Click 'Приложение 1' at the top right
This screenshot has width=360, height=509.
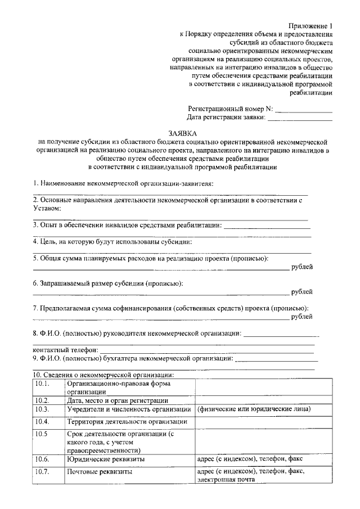(x=311, y=26)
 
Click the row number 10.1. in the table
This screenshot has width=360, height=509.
(x=43, y=384)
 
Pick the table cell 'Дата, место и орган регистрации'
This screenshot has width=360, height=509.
(x=117, y=400)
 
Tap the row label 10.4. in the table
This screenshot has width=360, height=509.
(x=43, y=421)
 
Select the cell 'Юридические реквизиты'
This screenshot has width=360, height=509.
(x=106, y=460)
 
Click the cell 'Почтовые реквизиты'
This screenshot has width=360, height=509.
(x=100, y=472)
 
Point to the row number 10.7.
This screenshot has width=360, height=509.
(x=43, y=472)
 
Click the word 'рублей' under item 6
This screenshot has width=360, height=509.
(x=302, y=292)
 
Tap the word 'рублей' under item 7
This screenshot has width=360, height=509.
(x=302, y=317)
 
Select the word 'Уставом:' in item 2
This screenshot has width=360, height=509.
(x=47, y=208)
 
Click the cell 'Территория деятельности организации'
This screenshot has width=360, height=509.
(x=127, y=421)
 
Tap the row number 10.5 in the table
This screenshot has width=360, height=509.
(x=42, y=434)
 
